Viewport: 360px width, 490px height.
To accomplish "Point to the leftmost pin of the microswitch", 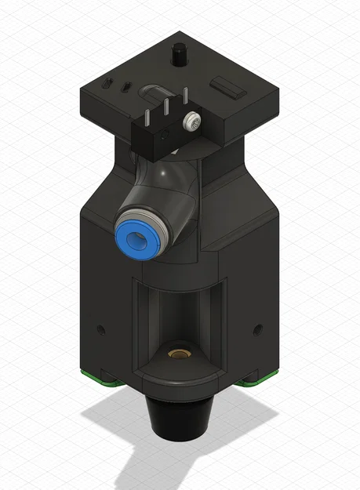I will coord(147,115).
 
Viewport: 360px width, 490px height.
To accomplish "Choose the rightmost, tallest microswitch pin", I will coord(185,97).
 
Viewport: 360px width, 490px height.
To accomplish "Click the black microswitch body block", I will coord(157,136).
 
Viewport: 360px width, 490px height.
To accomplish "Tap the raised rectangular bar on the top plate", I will coord(228,85).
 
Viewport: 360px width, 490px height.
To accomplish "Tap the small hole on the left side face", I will coord(100,326).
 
